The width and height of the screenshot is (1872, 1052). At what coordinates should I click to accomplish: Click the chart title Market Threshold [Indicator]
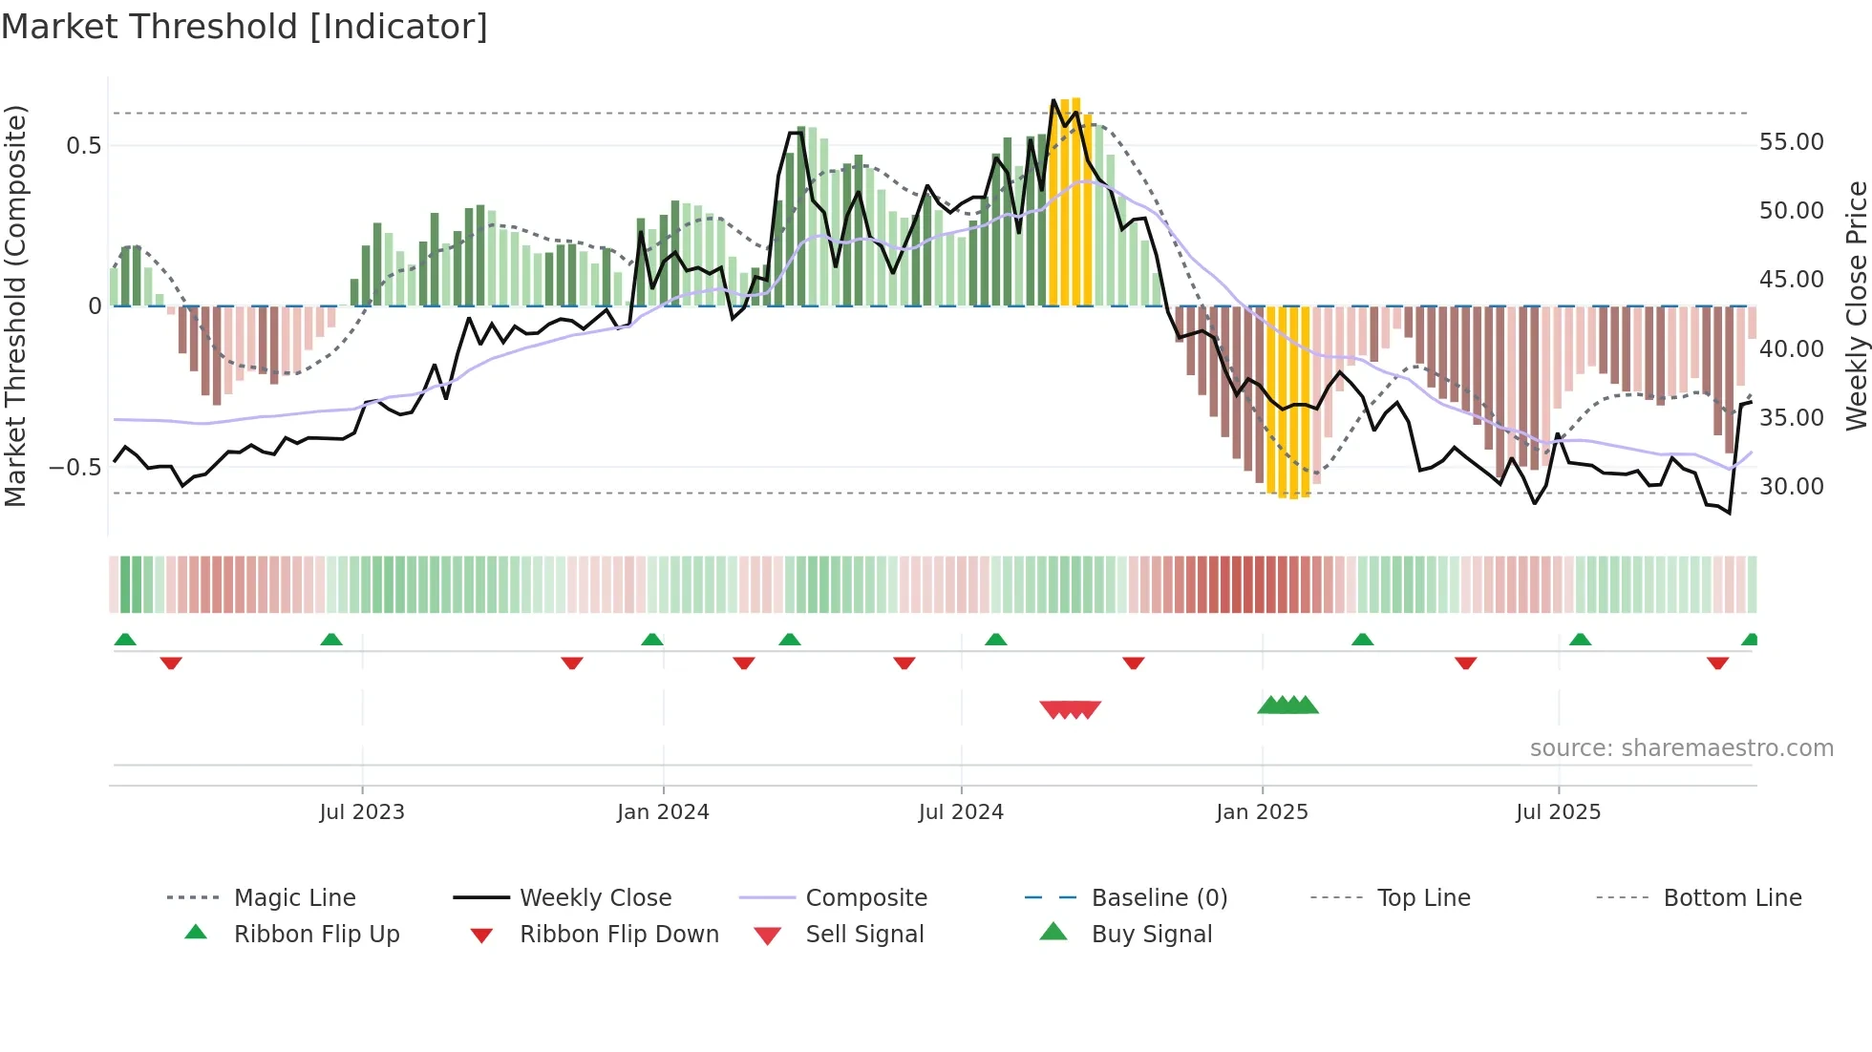245,27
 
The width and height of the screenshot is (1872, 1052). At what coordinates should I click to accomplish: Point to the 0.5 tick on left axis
83,146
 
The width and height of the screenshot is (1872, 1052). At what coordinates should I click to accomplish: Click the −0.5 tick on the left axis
75,468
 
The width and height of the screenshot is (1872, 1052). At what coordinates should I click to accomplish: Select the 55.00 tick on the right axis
1791,142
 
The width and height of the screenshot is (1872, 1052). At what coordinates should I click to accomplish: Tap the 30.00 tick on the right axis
1791,487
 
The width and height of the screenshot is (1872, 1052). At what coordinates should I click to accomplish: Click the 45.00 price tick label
1791,280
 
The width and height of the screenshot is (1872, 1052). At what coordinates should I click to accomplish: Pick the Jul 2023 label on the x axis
362,812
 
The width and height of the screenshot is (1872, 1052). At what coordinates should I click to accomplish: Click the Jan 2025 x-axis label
1262,812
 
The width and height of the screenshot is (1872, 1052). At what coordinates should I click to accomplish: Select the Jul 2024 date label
961,812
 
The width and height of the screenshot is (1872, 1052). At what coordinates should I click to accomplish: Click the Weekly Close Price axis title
1856,305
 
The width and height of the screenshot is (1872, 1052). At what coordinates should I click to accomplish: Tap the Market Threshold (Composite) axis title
15,305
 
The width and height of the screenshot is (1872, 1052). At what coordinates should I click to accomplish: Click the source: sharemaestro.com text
1681,748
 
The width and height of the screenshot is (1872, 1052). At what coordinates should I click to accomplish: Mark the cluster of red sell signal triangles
1070,709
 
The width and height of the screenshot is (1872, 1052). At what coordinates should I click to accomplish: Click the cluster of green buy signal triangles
1287,705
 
